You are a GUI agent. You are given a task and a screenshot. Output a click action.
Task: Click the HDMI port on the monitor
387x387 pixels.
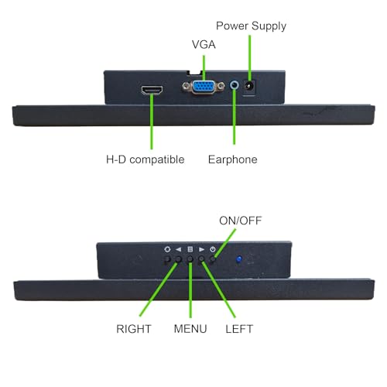152,91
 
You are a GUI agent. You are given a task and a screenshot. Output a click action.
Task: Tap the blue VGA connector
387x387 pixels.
204,87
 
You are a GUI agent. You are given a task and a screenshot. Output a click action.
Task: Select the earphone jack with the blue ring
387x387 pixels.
235,85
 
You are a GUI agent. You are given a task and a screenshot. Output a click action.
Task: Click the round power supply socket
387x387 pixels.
249,85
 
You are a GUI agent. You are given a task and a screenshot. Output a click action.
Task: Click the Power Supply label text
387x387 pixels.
251,26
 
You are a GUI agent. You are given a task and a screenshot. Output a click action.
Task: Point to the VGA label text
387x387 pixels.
204,44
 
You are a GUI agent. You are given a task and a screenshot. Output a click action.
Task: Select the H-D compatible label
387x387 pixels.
146,159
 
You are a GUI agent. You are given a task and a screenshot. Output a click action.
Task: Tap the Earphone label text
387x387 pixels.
233,159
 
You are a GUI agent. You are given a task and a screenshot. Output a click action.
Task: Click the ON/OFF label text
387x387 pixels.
241,221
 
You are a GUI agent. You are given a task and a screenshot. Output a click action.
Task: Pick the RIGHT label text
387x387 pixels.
134,329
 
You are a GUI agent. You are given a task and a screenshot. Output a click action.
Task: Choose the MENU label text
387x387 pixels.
190,329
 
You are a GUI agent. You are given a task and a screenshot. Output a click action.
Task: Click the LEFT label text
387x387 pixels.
239,329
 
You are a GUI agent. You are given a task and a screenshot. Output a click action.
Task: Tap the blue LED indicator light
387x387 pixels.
239,259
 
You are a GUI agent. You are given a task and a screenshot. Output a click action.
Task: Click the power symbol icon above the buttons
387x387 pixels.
213,249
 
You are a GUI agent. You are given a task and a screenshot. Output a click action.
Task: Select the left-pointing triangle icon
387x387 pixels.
178,249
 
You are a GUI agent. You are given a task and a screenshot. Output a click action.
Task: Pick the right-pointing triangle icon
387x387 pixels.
201,249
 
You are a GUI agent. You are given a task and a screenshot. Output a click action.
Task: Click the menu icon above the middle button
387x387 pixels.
190,249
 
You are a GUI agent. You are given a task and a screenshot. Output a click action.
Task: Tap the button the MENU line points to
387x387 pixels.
190,259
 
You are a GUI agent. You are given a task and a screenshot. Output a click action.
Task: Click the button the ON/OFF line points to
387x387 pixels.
213,259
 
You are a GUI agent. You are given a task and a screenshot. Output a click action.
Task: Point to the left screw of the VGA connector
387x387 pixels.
186,86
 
